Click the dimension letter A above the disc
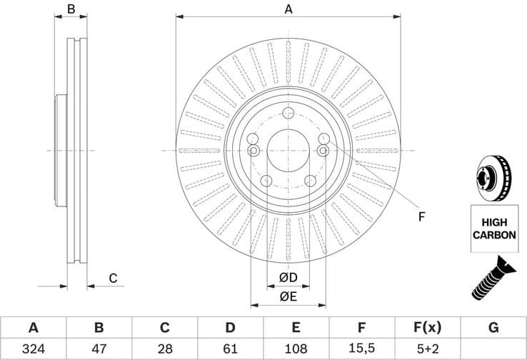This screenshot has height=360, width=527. click(x=288, y=9)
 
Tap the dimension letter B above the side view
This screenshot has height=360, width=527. click(x=71, y=9)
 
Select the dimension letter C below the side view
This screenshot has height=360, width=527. click(x=112, y=278)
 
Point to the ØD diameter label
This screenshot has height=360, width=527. click(x=288, y=277)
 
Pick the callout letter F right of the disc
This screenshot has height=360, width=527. click(x=421, y=216)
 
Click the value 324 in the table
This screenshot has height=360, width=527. click(x=33, y=349)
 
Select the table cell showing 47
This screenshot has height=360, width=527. click(x=99, y=349)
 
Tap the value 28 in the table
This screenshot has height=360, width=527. click(x=164, y=349)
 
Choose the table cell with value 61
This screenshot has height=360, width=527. click(x=230, y=349)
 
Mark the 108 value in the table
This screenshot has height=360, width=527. click(x=296, y=349)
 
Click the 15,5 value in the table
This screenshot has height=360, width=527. click(x=361, y=349)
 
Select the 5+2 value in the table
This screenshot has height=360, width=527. click(x=427, y=349)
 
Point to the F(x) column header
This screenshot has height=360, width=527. click(x=427, y=328)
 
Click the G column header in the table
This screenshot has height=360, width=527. click(x=493, y=328)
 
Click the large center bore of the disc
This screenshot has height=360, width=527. click(x=288, y=150)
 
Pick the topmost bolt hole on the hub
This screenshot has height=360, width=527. click(x=288, y=113)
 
